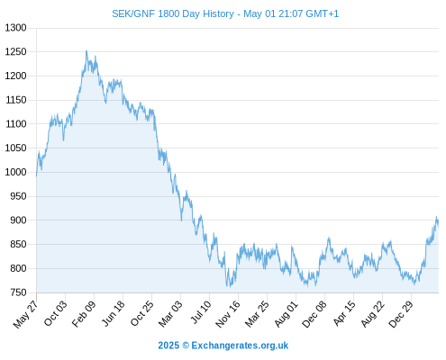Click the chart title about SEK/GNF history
225,13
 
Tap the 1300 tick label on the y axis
15,28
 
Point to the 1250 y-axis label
15,52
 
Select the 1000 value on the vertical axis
15,172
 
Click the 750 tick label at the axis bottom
18,292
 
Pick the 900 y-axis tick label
18,220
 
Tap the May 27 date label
26,314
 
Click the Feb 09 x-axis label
84,313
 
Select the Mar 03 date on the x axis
170,313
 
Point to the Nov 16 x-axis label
228,314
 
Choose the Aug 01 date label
286,314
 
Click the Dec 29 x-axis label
401,314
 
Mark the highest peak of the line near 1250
86,51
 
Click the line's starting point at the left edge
37,175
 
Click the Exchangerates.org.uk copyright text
223,346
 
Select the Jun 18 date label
113,313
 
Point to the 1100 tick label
15,124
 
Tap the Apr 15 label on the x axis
344,313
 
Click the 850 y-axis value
18,244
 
